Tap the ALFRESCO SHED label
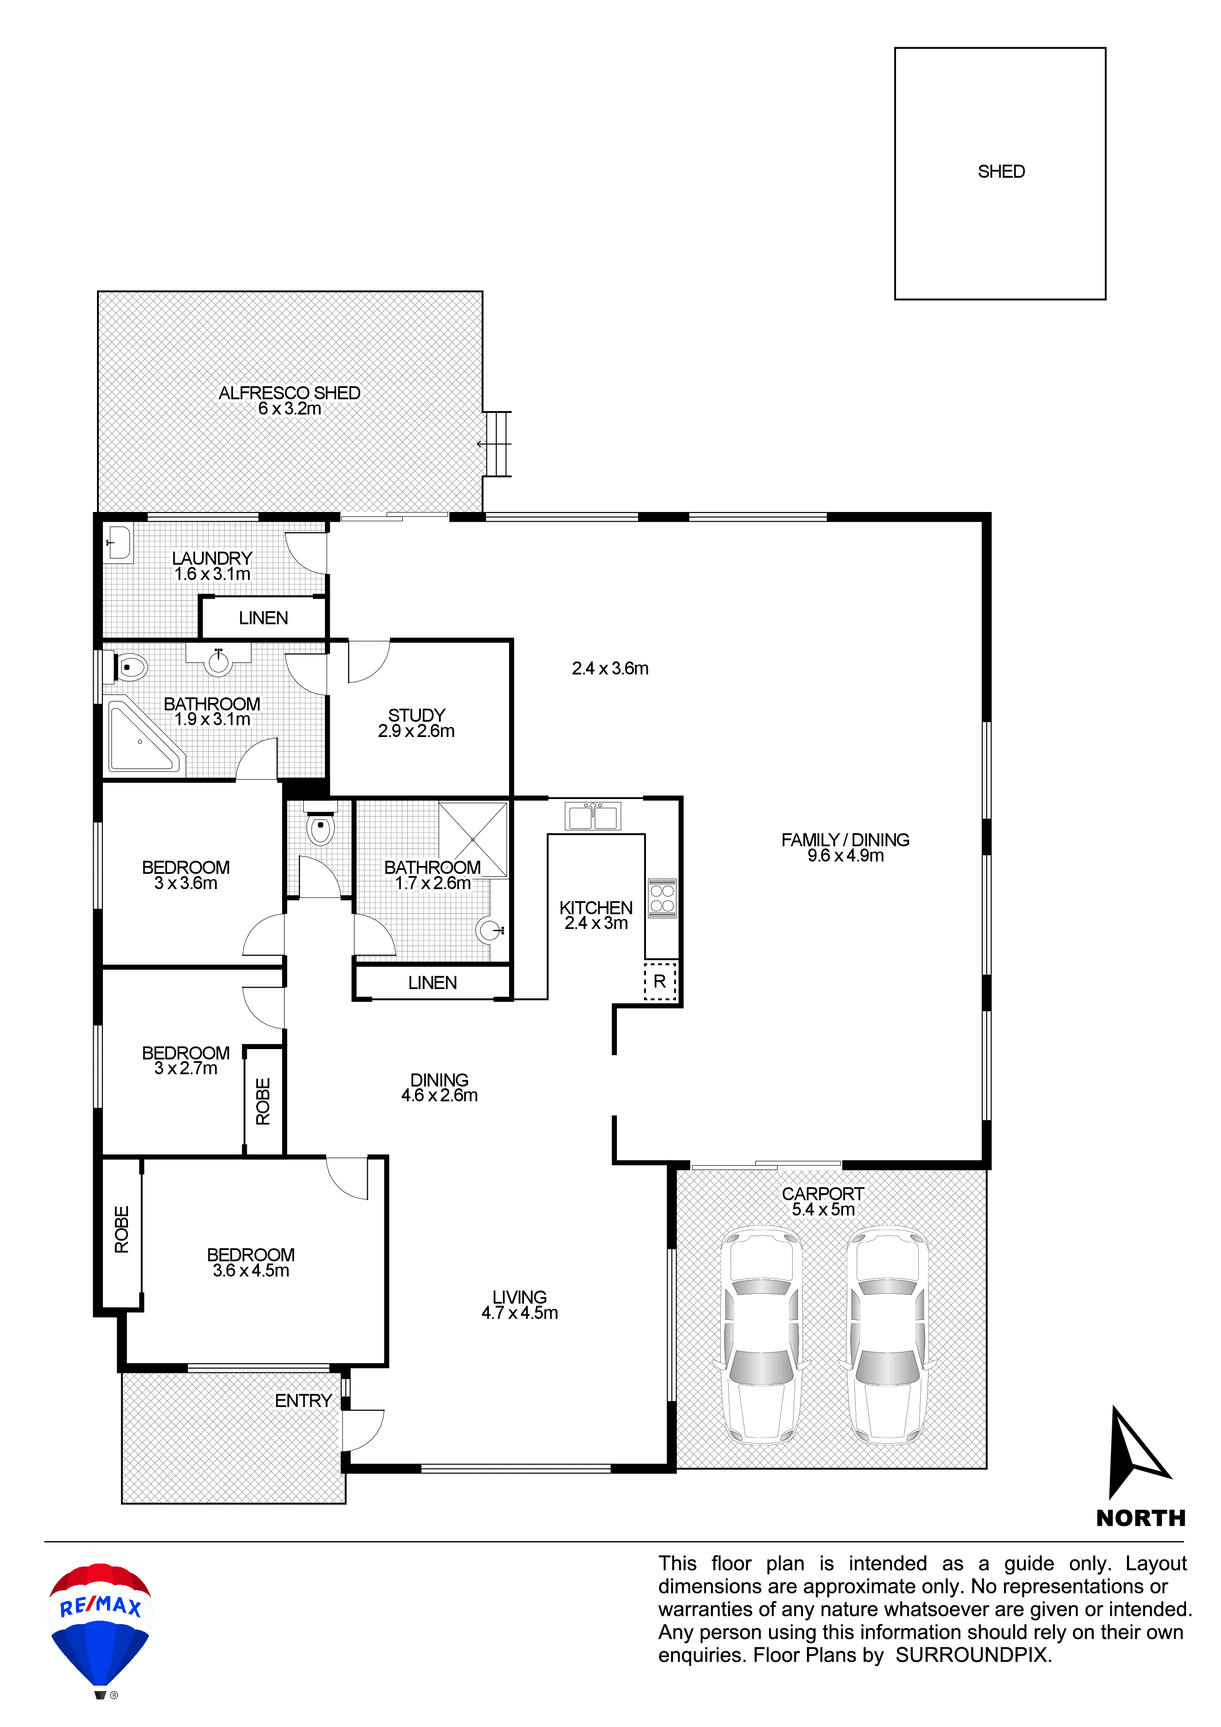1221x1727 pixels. [x=289, y=393]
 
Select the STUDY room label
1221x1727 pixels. [x=417, y=714]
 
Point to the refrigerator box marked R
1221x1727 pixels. [x=660, y=981]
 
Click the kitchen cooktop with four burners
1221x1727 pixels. [x=662, y=898]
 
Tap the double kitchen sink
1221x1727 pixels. [x=593, y=816]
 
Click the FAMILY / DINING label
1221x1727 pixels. [x=846, y=839]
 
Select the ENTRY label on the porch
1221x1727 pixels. [x=303, y=1401]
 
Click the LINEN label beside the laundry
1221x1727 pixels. [x=263, y=617]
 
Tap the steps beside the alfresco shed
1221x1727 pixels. [x=497, y=444]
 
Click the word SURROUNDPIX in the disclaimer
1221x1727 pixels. [x=973, y=1655]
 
